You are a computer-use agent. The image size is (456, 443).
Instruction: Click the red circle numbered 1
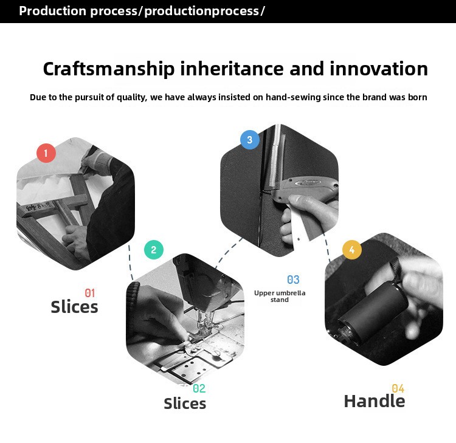(46, 153)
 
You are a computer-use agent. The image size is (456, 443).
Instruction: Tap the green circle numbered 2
(154, 250)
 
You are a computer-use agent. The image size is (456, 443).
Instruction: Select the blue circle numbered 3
(250, 140)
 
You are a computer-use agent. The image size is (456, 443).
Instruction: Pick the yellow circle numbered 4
(352, 250)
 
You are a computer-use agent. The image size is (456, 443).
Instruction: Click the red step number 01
(90, 293)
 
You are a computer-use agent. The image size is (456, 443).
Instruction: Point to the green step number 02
(199, 388)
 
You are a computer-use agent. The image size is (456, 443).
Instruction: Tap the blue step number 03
(293, 280)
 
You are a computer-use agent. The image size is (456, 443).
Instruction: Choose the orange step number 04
(398, 388)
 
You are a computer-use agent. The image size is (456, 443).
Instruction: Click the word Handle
(375, 401)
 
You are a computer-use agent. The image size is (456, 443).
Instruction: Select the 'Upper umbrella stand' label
(280, 296)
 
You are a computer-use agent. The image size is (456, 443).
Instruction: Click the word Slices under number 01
(74, 307)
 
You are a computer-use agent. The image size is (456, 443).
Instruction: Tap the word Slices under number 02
(185, 404)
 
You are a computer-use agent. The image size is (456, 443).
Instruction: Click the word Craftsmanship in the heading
(109, 69)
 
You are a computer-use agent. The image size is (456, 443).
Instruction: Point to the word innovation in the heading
(379, 69)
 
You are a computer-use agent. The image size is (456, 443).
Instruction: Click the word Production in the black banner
(53, 11)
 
